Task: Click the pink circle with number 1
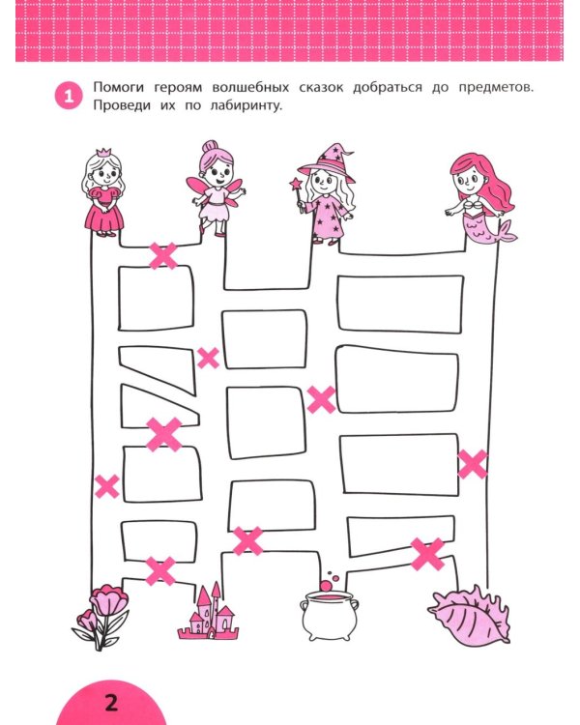[70, 97]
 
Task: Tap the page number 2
[110, 704]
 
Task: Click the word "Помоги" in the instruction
[120, 88]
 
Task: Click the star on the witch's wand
[296, 181]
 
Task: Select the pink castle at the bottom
[208, 613]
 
